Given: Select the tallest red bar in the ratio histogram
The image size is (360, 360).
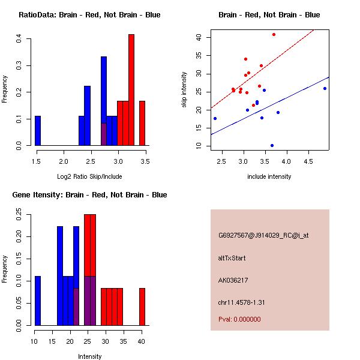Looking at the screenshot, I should [x=131, y=90].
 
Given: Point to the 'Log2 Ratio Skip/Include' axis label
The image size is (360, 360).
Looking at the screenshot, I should [x=89, y=176].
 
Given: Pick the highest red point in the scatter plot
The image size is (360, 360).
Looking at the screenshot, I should [x=274, y=35].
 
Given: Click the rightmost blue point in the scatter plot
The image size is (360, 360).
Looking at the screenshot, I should [x=325, y=88].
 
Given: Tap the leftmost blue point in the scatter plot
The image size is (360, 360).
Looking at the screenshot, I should [x=215, y=118].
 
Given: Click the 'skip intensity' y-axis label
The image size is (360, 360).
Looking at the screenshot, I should [x=184, y=90].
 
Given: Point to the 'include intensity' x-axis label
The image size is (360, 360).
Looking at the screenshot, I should [x=269, y=176].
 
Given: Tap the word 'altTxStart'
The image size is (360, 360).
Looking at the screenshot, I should [x=232, y=258].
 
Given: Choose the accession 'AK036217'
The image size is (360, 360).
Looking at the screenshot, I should [x=233, y=280].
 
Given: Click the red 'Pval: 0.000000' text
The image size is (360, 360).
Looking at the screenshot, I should [x=239, y=319].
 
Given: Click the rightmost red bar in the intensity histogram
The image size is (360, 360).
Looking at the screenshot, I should [x=142, y=307].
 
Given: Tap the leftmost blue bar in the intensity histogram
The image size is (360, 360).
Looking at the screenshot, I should [x=38, y=301].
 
